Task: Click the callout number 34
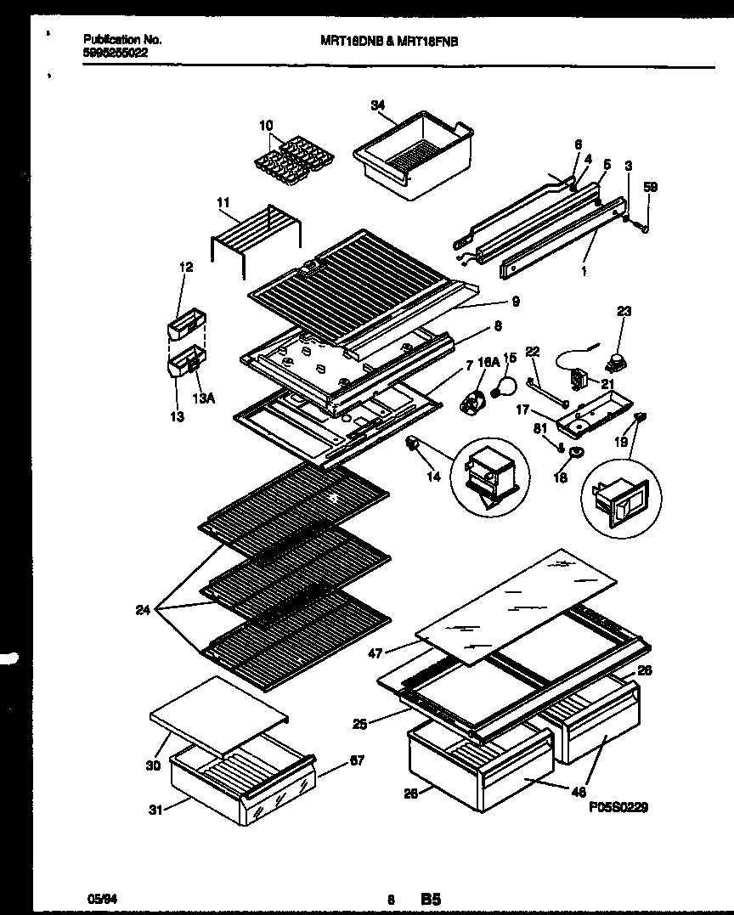coord(378,104)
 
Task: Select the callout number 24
coord(143,608)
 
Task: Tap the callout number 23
coord(624,312)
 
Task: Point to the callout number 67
coord(357,760)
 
